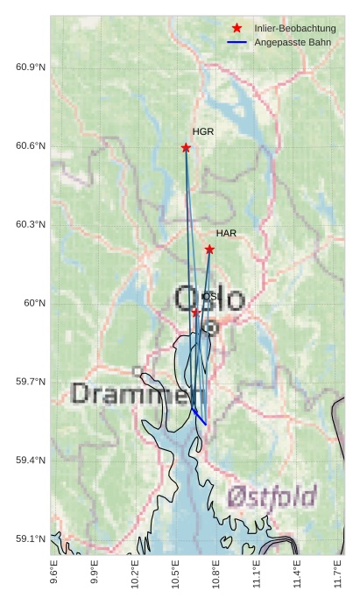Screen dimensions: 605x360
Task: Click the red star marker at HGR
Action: coord(186,147)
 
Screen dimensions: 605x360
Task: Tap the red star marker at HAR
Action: coord(209,250)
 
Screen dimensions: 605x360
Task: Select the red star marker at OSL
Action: coord(195,312)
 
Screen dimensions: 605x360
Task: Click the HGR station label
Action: coord(203,131)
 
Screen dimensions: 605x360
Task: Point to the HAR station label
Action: coord(226,234)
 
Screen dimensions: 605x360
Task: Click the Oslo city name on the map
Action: coord(210,299)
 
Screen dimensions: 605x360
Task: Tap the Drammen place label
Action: coord(138,393)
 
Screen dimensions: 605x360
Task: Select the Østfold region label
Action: coord(272,497)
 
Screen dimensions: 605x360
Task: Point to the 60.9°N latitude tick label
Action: coord(31,67)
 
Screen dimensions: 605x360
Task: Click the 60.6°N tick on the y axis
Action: coord(31,146)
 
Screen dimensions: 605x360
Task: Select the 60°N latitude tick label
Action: coord(35,303)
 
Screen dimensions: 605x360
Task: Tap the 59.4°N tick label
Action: coord(31,461)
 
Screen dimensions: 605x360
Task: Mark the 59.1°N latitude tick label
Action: coord(31,539)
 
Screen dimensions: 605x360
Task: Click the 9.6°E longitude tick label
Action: coord(54,575)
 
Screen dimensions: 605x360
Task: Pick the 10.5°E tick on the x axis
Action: coord(175,575)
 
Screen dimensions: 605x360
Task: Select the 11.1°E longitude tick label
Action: coord(256,575)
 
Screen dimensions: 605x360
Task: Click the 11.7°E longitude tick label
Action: coord(337,575)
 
